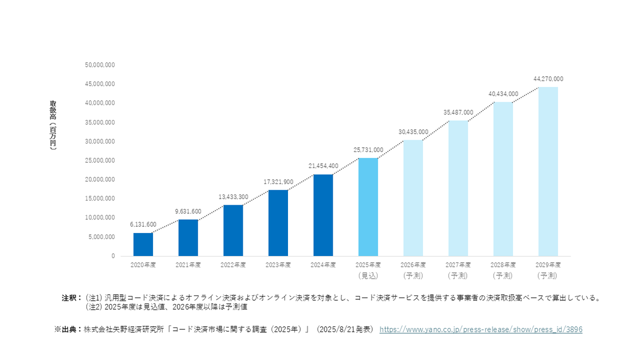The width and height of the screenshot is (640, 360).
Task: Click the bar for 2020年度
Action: (x=143, y=244)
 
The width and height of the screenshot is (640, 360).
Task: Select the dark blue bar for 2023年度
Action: (x=278, y=223)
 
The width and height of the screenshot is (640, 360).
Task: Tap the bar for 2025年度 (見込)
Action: (x=368, y=207)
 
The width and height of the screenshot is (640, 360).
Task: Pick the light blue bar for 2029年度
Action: (x=548, y=171)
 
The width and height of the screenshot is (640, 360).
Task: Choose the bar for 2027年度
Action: (x=458, y=188)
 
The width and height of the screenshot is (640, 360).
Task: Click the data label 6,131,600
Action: (x=143, y=225)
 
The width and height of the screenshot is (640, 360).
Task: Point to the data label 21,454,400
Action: (x=323, y=166)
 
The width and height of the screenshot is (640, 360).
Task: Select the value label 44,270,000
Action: (x=548, y=79)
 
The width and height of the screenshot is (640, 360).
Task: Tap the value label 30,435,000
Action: (x=413, y=132)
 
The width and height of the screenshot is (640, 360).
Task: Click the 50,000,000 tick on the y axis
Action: (x=100, y=65)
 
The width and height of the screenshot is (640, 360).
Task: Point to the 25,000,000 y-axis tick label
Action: (x=100, y=161)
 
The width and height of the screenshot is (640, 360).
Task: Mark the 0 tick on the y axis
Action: (x=113, y=256)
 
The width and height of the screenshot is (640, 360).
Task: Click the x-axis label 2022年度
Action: (x=233, y=265)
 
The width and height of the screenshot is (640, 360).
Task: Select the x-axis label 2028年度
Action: (x=503, y=265)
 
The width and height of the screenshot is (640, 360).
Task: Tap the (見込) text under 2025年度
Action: (x=368, y=276)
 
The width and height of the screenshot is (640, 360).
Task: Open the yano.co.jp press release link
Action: (x=481, y=330)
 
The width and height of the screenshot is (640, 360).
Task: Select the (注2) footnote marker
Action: (x=94, y=307)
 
